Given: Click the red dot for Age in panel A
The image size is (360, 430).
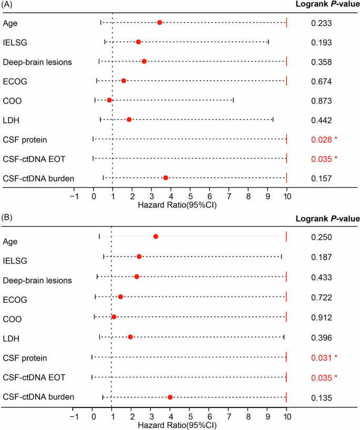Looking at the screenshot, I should click(x=159, y=23).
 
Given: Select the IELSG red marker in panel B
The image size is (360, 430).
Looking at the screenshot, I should click(x=139, y=257).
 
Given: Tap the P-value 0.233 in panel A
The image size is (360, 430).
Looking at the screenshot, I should click(x=321, y=23).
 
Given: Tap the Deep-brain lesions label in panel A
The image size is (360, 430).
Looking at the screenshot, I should click(x=37, y=62).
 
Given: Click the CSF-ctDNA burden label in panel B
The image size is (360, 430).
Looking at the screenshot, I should click(x=38, y=396).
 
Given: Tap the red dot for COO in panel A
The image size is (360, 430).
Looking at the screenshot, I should click(x=109, y=100).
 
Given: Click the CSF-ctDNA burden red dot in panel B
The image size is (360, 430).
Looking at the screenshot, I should click(x=170, y=397).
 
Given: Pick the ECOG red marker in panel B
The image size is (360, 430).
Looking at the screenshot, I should click(x=120, y=297).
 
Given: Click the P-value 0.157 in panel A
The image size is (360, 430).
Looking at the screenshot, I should click(x=321, y=179).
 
